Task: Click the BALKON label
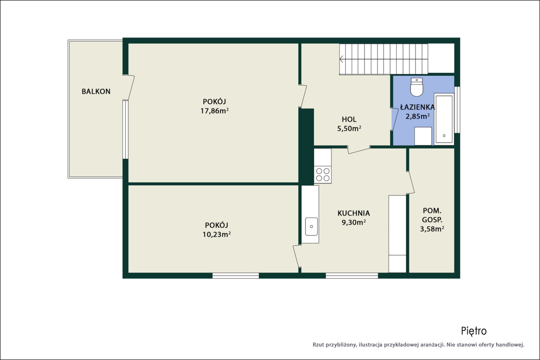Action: click(96, 92)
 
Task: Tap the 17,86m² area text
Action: click(214, 111)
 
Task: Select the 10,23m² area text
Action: click(217, 234)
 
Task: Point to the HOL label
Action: click(349, 119)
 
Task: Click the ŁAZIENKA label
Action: click(417, 107)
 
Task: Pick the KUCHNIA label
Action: click(354, 213)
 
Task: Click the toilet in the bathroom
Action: click(417, 87)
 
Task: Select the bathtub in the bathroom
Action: click(444, 119)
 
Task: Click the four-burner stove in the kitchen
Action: click(323, 175)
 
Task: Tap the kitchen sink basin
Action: click(311, 227)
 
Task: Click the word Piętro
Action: click(474, 331)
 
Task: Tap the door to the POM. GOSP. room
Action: click(411, 182)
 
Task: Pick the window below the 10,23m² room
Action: click(236, 276)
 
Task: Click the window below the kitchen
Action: click(352, 276)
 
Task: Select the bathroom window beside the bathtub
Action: click(457, 110)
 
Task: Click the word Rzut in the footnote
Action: click(318, 345)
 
